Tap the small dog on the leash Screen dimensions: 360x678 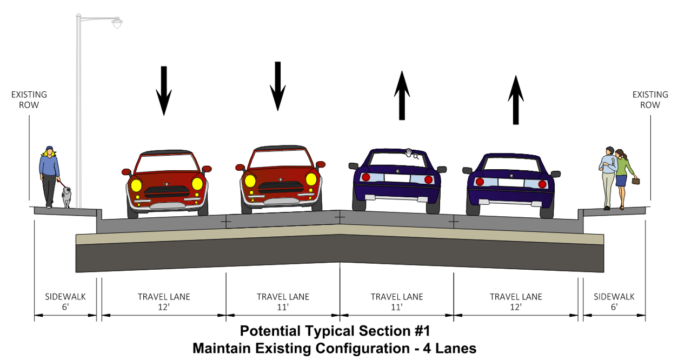pos(67,197)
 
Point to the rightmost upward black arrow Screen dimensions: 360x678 pos(516,100)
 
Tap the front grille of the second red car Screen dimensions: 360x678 pos(281,186)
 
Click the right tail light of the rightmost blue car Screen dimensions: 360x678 pos(542,184)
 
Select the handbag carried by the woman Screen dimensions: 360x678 pos(636,181)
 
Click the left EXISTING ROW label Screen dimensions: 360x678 pos(29,100)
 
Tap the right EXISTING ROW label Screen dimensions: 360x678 pos(647,100)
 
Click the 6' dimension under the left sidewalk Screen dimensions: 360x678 pos(65,307)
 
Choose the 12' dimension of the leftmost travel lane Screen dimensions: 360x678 pos(163,307)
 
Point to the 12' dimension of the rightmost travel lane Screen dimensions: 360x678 pos(515,307)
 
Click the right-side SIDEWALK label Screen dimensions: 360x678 pos(614,297)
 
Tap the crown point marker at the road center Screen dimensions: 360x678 pos(340,217)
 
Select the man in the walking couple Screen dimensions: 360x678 pos(609,176)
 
